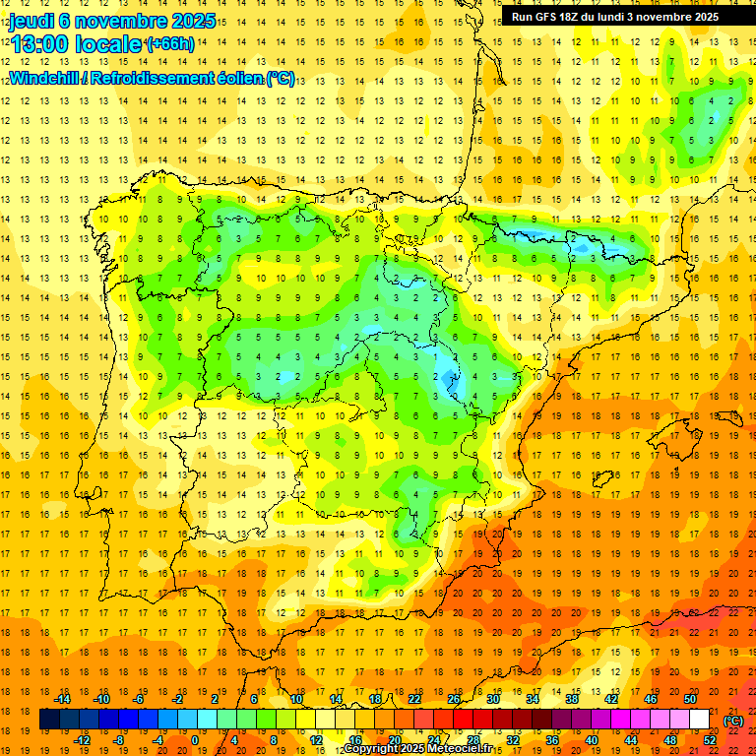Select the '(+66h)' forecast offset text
170,44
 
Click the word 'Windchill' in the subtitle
43,78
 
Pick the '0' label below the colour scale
195,740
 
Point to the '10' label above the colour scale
296,699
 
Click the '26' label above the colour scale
454,699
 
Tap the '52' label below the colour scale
710,740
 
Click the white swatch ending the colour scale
700,720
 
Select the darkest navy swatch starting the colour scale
50,720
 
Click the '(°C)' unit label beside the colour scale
733,721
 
